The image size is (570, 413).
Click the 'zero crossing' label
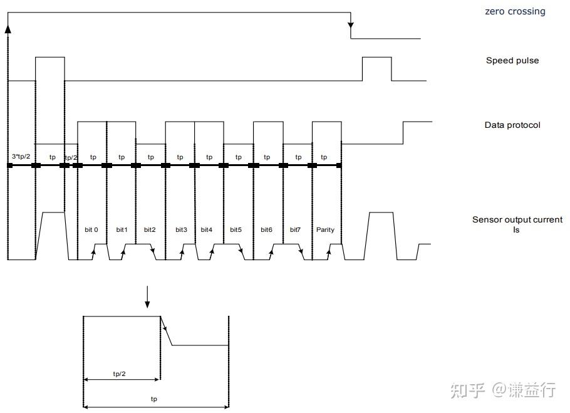pos(515,11)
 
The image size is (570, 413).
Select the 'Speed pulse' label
pos(512,61)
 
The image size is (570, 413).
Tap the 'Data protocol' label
pos(512,125)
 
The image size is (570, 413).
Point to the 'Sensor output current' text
pos(517,219)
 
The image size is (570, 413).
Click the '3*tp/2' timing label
pos(21,156)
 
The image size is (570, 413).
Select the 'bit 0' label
pos(91,229)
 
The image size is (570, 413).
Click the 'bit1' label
pos(122,229)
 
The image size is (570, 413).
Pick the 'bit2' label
pos(150,229)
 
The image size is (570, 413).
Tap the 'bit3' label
pos(181,229)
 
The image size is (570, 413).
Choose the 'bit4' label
pos(207,229)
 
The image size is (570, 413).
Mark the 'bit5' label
pos(236,229)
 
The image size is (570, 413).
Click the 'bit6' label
pos(266,229)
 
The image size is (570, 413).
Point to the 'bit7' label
pos(296,229)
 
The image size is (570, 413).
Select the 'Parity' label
pos(325,229)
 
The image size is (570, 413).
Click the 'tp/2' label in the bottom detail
pos(119,374)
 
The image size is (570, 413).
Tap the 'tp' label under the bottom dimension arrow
pos(154,399)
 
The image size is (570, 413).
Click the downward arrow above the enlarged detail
pos(147,298)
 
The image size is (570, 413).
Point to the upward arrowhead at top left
pos(8,28)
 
